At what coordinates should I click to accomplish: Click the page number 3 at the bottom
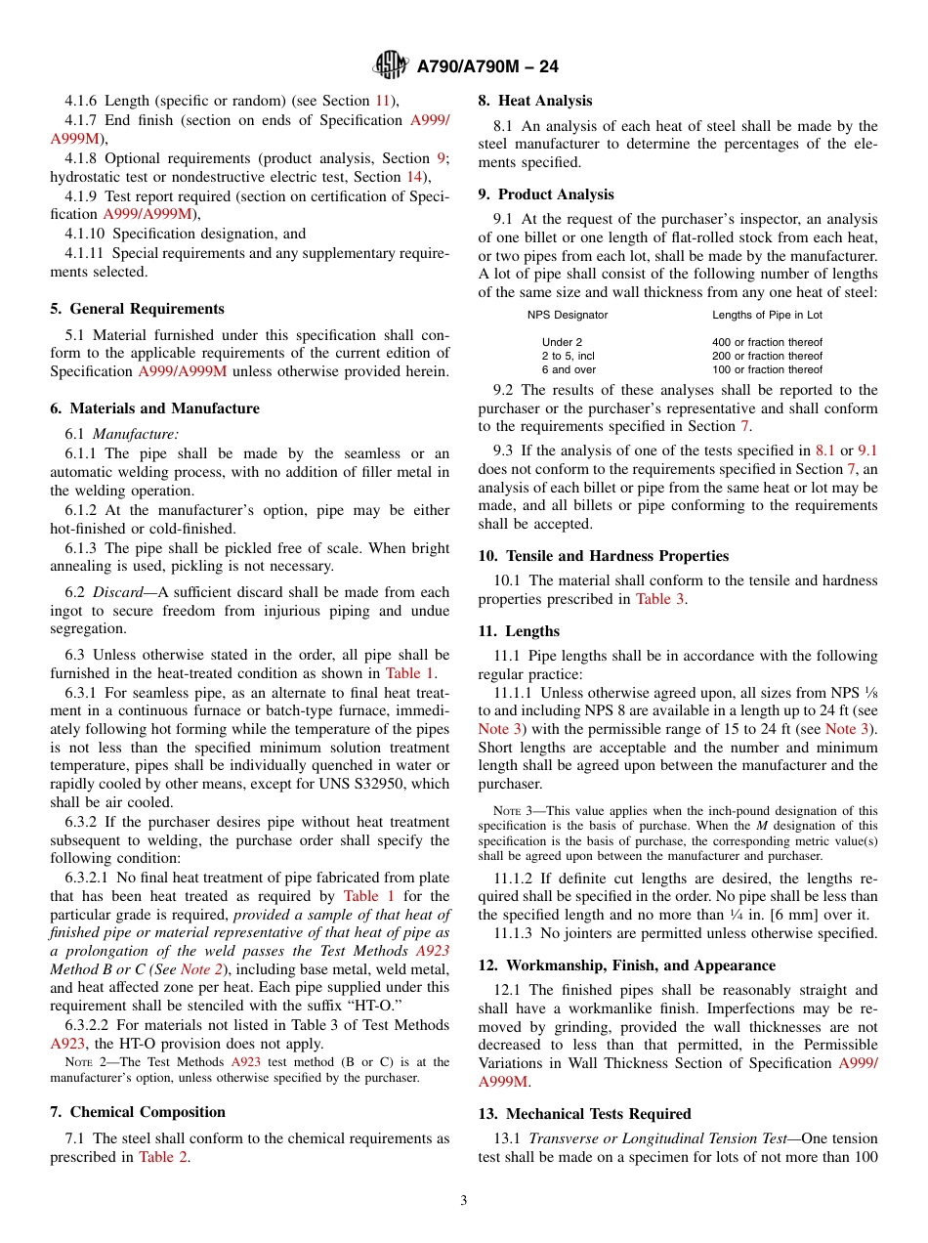tap(464, 1200)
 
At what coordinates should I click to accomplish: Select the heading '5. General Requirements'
tap(137, 309)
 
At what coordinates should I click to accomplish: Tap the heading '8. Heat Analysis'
tap(534, 101)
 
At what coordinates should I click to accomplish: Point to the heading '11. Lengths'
tap(519, 631)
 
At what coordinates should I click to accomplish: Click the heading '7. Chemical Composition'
tap(137, 1112)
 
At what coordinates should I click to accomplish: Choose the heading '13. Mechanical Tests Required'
tap(584, 1114)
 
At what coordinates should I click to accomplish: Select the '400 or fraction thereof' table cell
tap(767, 342)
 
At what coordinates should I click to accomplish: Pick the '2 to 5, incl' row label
tap(568, 356)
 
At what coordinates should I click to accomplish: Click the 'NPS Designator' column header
tap(568, 315)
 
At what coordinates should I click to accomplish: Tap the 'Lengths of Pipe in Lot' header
tap(767, 315)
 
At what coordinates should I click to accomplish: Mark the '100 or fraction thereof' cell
tap(767, 369)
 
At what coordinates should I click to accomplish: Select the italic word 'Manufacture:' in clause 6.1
tap(136, 434)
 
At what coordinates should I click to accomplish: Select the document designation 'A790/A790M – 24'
tap(486, 66)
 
